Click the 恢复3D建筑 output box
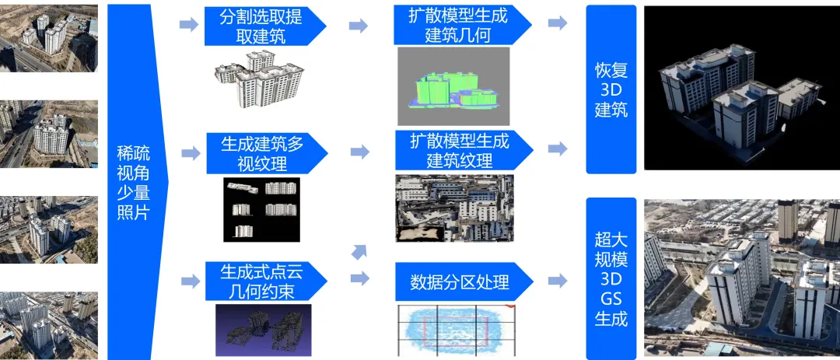click(611, 89)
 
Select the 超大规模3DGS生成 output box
click(611, 278)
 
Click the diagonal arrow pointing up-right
click(359, 250)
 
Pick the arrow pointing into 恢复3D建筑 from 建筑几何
click(558, 23)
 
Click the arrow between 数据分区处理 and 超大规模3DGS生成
click(558, 280)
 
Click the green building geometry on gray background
click(453, 87)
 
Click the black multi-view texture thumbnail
click(261, 208)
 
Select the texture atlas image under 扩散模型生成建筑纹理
click(453, 208)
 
